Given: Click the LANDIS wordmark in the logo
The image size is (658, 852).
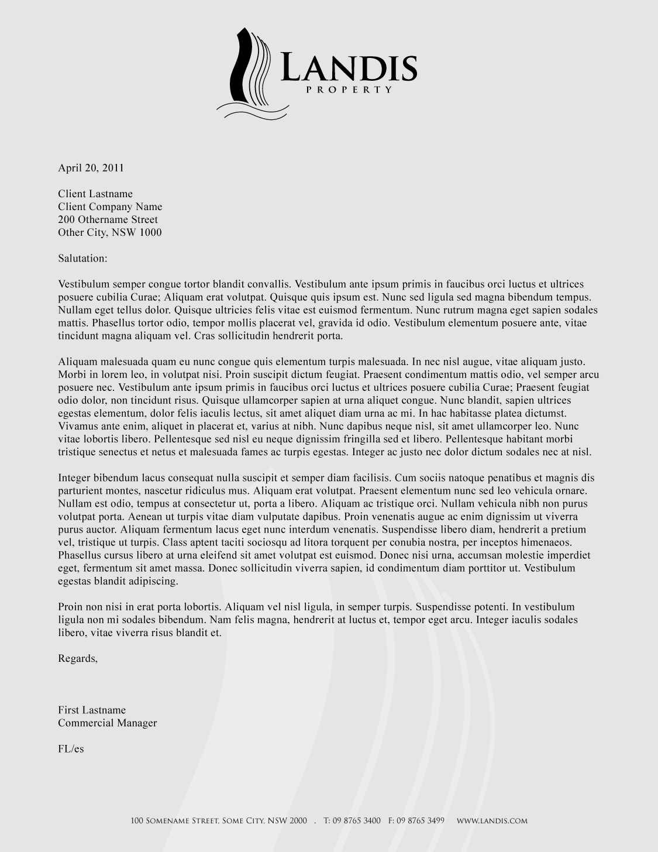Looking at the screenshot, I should (349, 68).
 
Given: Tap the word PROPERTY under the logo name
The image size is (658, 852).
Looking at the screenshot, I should (349, 90).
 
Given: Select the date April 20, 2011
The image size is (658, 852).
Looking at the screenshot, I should (91, 168).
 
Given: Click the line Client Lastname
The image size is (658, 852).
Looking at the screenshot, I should (95, 194).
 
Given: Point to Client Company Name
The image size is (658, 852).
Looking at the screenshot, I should (110, 207).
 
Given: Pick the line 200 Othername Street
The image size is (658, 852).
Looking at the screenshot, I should (108, 219).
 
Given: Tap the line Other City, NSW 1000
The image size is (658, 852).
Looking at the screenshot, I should (110, 232).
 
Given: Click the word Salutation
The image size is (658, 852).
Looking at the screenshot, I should (82, 258).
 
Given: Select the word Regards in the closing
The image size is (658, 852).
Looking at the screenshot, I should (78, 658).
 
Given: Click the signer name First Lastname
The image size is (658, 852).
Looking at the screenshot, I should (92, 710).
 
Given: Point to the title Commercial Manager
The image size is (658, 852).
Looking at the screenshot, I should (108, 723).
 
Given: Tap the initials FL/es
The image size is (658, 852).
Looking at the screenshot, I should (71, 748).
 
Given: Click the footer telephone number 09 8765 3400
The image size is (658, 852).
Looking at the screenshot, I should (356, 820).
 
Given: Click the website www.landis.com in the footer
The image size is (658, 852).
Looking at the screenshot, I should (492, 820).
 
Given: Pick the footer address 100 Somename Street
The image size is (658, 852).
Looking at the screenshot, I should (175, 820).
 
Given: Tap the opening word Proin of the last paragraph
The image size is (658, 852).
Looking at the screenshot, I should (70, 607).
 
